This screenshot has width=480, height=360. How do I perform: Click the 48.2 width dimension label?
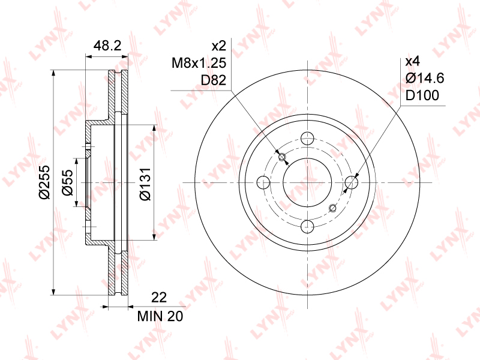(x=107, y=46)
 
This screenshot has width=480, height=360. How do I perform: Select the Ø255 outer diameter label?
(x=44, y=182)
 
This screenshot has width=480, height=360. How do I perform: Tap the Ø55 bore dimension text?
(x=68, y=182)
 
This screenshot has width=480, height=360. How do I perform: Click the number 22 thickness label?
(x=159, y=297)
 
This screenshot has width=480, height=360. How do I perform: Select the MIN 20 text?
(x=160, y=316)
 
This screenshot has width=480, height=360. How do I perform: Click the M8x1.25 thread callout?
(x=199, y=63)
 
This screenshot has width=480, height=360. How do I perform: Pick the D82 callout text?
(x=214, y=80)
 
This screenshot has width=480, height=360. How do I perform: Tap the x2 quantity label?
(x=219, y=46)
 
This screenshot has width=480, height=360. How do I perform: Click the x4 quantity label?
(x=413, y=62)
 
